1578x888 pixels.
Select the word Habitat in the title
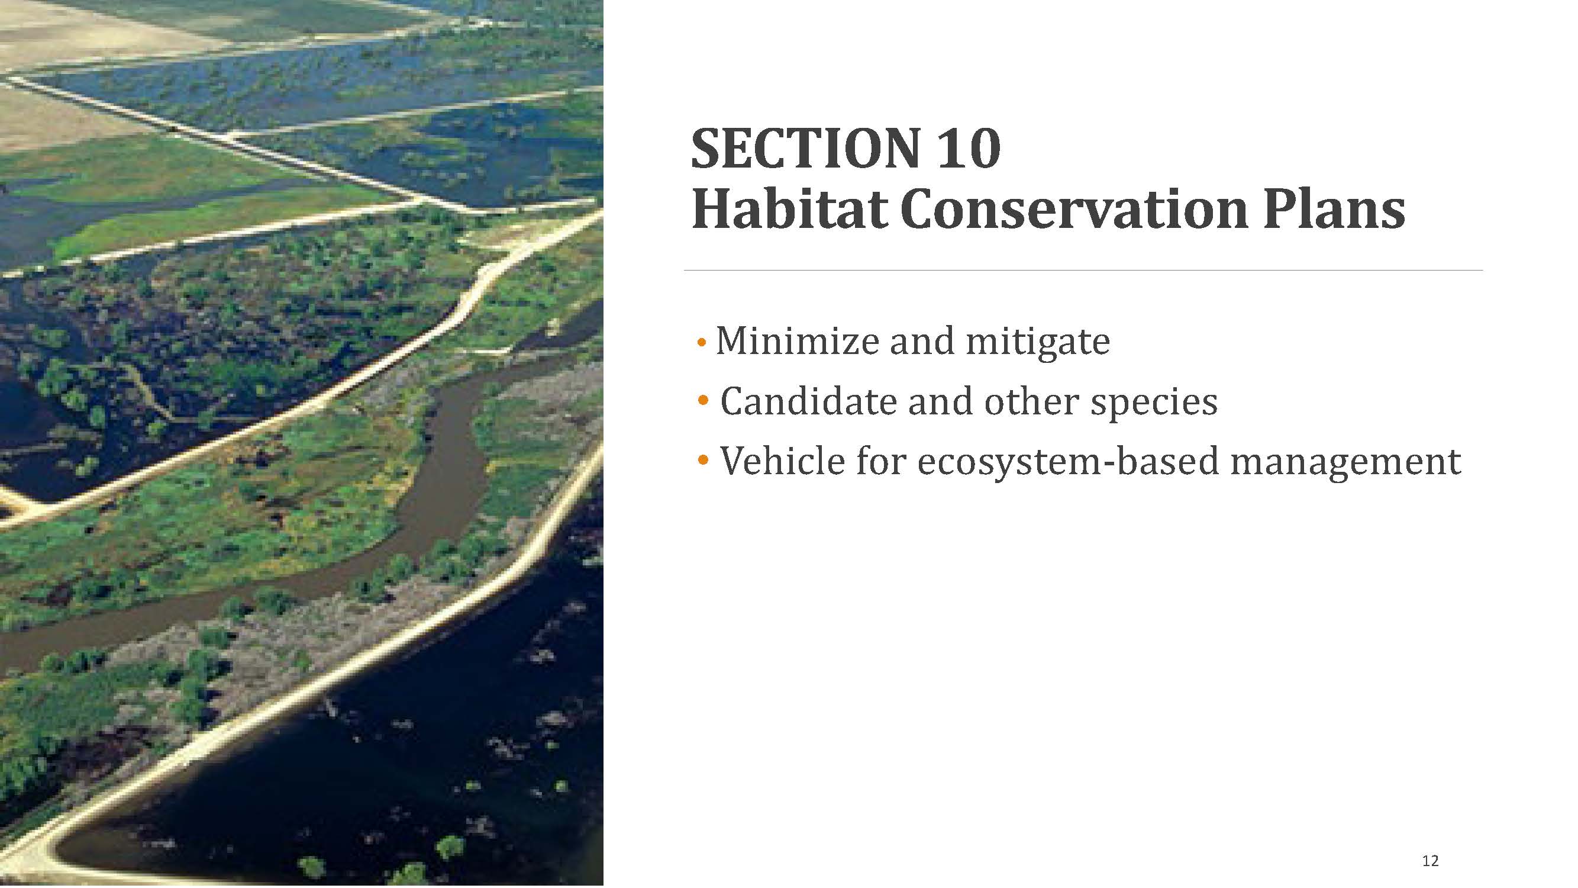pyautogui.click(x=790, y=209)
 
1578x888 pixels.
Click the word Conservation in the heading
pyautogui.click(x=1074, y=209)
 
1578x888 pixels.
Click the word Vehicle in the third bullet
pyautogui.click(x=783, y=460)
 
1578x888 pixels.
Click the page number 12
pyautogui.click(x=1429, y=861)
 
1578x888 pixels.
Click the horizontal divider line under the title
pyautogui.click(x=1083, y=269)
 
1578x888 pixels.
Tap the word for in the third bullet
pyautogui.click(x=881, y=460)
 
